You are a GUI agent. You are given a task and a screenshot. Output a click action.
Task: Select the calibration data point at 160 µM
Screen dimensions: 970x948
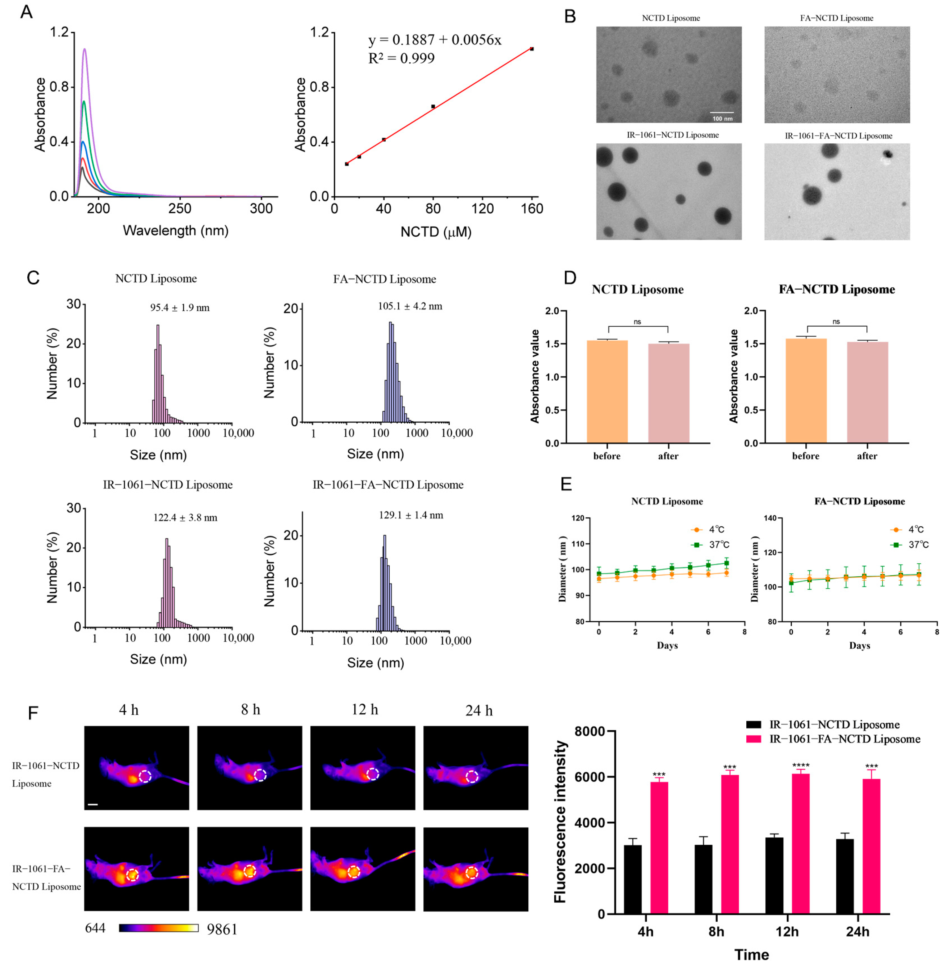[x=532, y=49]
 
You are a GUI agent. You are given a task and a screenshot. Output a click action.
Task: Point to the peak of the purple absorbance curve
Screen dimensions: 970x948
[x=85, y=49]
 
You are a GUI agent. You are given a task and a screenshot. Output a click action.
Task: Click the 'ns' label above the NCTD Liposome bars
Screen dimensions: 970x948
[x=637, y=322]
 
